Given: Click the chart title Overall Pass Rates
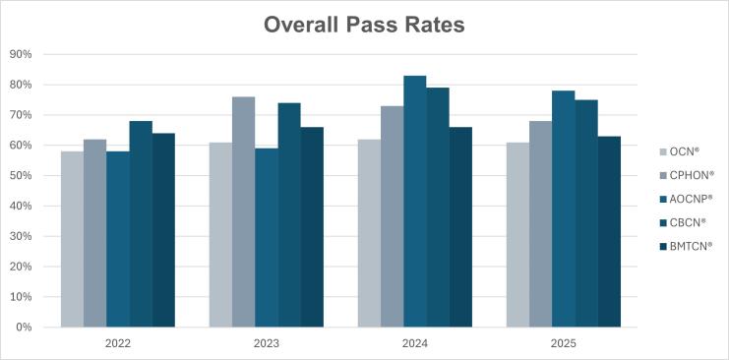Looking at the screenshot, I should coord(363,26).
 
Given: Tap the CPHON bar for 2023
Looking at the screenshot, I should coord(243,211).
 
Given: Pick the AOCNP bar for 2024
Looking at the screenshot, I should coord(414,201).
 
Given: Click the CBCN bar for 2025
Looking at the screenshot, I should coord(586,212).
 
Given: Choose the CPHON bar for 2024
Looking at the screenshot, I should coord(392,216).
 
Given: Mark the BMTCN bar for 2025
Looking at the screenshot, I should coord(609,231).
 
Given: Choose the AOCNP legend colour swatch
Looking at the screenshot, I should coord(664,199).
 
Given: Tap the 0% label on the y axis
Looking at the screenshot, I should coord(23,327).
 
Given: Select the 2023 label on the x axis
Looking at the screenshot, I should coord(266,344).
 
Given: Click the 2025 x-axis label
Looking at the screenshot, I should coord(564,344).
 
